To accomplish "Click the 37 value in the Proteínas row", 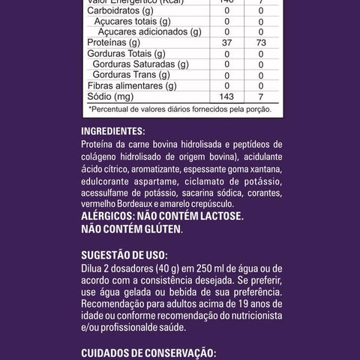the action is coord(226,43).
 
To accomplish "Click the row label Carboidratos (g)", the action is coord(121,11).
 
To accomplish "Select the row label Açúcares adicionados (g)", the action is coord(150,32).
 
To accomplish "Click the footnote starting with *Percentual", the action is coord(178,109).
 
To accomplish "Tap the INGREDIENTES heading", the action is coord(117,130).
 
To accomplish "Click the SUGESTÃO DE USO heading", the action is coord(124,254).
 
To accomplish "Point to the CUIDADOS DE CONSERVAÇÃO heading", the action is coord(148,352).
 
